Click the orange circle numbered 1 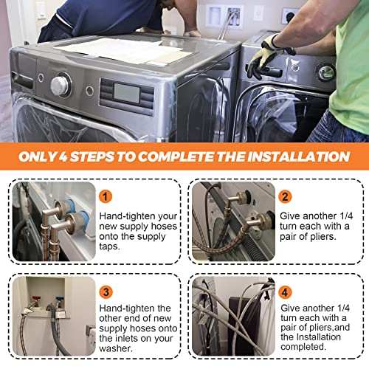tap(107, 196)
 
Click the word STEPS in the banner tap(106, 156)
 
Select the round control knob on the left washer tap(61, 86)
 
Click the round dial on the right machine tap(325, 72)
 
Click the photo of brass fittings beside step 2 tap(233, 221)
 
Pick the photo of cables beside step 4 tap(233, 316)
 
